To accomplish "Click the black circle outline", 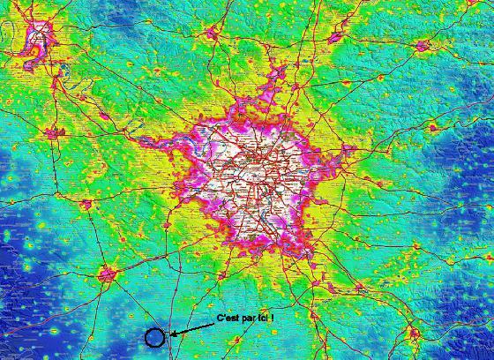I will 154,336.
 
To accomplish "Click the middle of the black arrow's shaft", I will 192,329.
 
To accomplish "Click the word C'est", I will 228,317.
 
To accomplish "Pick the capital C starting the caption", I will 220,317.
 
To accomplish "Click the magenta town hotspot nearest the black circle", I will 108,274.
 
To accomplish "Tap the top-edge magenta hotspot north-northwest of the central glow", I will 212,34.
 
